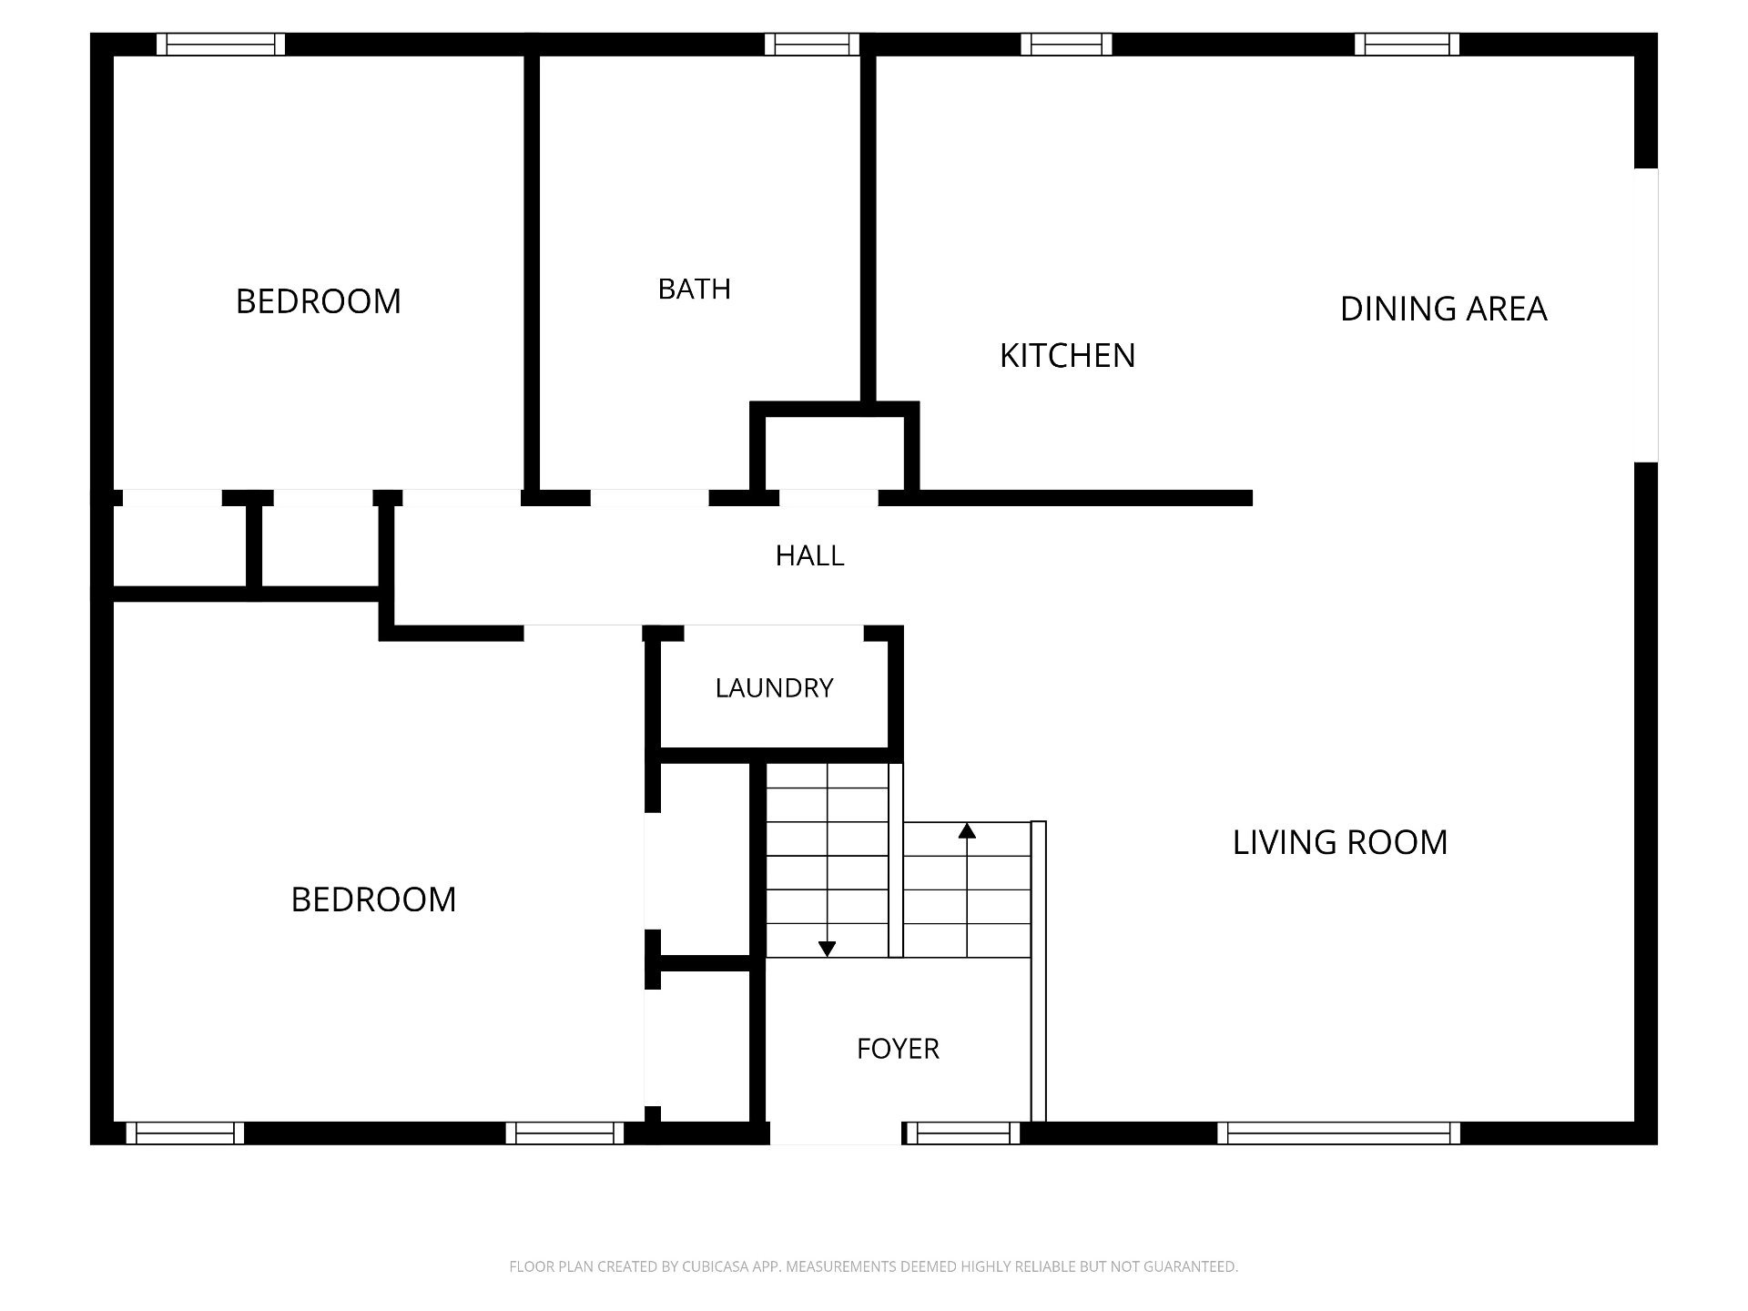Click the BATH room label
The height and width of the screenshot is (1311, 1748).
click(x=694, y=289)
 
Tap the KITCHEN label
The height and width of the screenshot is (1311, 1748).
click(x=1067, y=355)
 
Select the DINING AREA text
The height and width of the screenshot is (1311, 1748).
click(x=1443, y=309)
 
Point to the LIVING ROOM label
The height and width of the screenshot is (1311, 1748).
click(x=1339, y=842)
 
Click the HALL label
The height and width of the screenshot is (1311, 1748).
click(x=809, y=555)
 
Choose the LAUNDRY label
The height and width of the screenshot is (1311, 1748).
click(x=774, y=687)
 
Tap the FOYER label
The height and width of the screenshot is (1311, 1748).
click(x=898, y=1049)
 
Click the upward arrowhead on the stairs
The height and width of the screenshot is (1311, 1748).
click(x=967, y=830)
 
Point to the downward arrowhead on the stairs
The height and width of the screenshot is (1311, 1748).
click(x=827, y=949)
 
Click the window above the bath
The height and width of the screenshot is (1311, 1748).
click(x=812, y=44)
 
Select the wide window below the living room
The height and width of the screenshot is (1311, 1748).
click(x=1338, y=1133)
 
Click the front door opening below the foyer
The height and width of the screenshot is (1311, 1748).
click(x=836, y=1133)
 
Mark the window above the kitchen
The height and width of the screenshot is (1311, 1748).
click(x=1066, y=44)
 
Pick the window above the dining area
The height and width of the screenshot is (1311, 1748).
click(x=1407, y=44)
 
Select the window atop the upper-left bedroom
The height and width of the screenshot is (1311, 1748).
click(x=220, y=44)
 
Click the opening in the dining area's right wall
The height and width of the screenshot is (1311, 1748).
click(x=1646, y=315)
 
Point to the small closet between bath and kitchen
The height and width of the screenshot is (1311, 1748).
click(x=835, y=452)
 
